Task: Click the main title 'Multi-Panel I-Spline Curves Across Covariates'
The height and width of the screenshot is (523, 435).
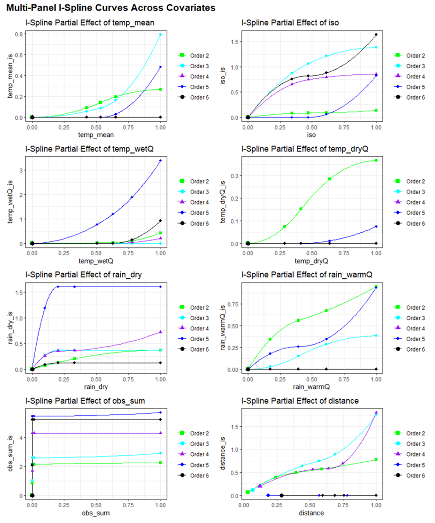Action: pos(111,8)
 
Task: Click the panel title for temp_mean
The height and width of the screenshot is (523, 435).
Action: pos(89,23)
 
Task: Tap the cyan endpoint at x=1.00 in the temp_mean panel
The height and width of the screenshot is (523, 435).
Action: pos(160,35)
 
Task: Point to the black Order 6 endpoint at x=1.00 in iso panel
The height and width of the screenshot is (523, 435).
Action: pos(376,35)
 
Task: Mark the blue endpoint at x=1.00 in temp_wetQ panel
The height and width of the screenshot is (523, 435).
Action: pos(160,160)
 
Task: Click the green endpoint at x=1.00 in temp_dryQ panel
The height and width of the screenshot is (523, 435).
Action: pos(376,160)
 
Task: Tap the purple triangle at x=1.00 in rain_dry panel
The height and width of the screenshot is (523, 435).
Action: pos(160,332)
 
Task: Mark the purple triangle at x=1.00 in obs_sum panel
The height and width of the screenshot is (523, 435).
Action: pos(160,433)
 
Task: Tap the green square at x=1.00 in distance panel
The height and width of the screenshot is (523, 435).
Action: pos(376,459)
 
